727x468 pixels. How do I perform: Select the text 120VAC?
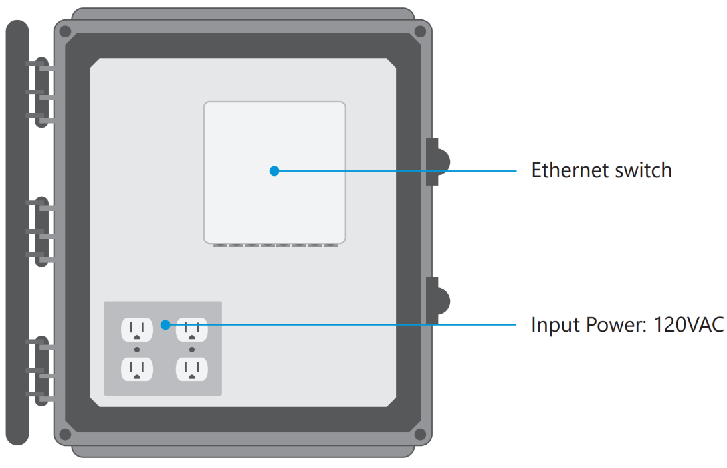tap(688, 325)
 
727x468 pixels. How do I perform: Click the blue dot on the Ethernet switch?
tap(274, 171)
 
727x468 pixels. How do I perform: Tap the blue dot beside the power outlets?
tap(165, 325)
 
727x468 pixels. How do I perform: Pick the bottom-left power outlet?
tap(137, 369)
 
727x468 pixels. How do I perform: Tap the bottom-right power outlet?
tap(192, 369)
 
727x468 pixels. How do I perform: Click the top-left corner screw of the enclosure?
tap(65, 31)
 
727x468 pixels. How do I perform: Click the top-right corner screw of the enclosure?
tap(420, 31)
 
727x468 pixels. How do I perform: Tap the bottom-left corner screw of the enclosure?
tap(65, 435)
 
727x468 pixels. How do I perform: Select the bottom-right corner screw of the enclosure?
tap(420, 435)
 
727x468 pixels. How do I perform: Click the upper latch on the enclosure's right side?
tap(436, 162)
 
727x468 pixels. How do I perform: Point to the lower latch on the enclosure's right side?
tap(436, 301)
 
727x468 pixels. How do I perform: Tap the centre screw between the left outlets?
tap(137, 350)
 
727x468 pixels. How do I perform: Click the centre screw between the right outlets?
tap(192, 350)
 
